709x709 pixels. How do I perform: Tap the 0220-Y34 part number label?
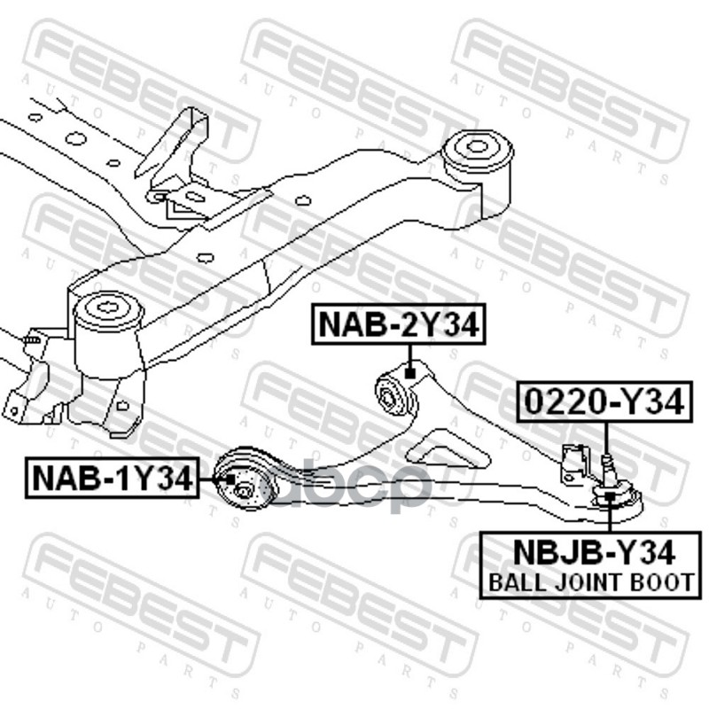coord(604,403)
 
